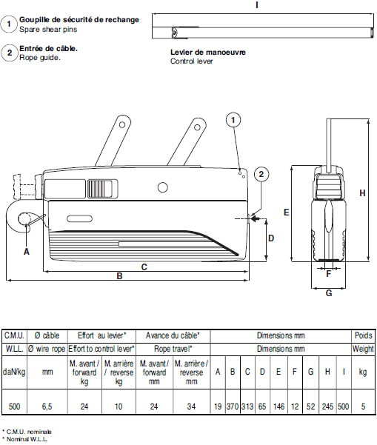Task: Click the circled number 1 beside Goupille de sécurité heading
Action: click(9, 24)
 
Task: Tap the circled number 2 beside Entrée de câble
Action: click(9, 53)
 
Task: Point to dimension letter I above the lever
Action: click(257, 4)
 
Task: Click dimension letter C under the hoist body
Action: click(144, 266)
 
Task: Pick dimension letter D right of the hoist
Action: click(271, 238)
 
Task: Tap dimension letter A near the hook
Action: click(27, 251)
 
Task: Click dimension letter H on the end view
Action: click(362, 193)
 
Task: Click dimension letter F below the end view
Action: click(328, 272)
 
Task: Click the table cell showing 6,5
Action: click(47, 406)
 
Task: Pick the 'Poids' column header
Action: click(363, 335)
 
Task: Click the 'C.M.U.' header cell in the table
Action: click(15, 335)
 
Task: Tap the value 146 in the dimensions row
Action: click(278, 406)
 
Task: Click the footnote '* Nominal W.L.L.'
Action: click(27, 439)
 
